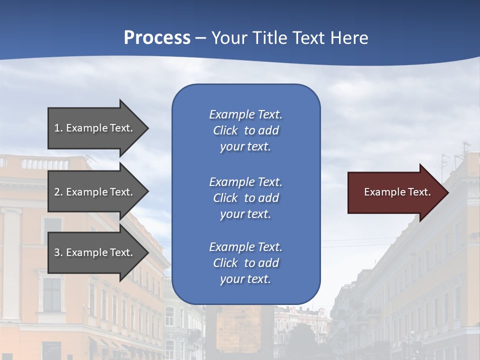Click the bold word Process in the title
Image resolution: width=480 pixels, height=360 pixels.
(x=157, y=38)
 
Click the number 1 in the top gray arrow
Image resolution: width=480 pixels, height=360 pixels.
(x=57, y=128)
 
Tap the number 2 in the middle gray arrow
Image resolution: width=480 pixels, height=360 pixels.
(x=57, y=192)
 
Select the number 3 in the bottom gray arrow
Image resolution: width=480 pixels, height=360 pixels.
(x=57, y=252)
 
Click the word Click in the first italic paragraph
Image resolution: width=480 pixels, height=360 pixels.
(x=225, y=130)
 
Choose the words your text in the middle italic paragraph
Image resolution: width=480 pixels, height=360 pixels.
(x=245, y=214)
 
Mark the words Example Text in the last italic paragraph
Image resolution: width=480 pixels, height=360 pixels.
(x=245, y=247)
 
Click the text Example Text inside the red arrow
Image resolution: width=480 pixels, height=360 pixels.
(x=397, y=192)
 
